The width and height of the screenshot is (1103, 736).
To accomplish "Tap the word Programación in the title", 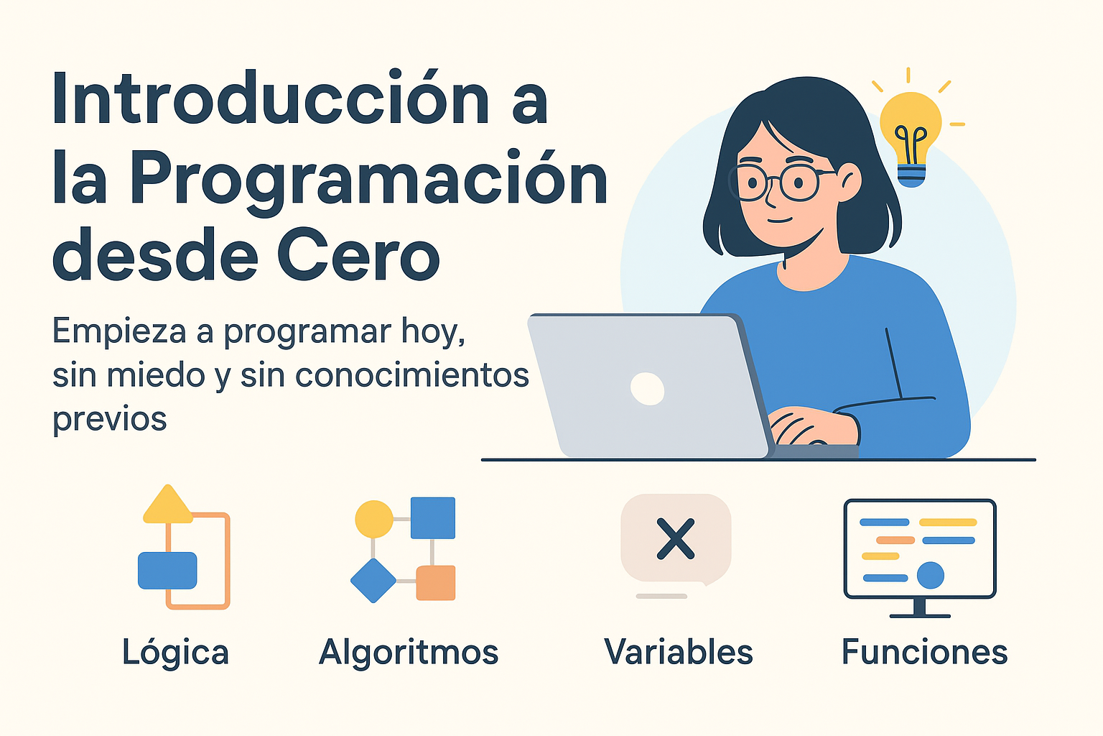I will click(368, 180).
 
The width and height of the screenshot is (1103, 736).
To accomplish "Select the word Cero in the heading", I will click(358, 255).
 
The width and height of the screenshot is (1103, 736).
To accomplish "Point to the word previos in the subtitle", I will click(110, 418).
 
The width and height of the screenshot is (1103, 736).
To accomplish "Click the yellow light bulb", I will click(911, 133).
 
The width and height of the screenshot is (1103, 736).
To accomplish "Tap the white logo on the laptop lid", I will click(647, 388).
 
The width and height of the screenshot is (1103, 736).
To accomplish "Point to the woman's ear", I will click(850, 182).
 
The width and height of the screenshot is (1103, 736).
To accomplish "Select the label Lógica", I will click(175, 652).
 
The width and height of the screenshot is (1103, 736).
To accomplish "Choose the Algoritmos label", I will click(409, 652).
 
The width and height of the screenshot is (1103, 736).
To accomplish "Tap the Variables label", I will click(679, 652).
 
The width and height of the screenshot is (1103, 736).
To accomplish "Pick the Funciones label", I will click(924, 652).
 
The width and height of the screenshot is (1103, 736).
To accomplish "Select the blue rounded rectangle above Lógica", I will click(167, 570).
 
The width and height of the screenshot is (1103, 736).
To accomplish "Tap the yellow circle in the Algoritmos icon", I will click(374, 519).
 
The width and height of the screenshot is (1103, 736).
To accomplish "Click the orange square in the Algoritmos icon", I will click(436, 583).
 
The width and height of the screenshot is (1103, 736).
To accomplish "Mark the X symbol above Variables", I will click(676, 538).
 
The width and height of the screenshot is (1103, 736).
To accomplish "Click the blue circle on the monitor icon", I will click(931, 575).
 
